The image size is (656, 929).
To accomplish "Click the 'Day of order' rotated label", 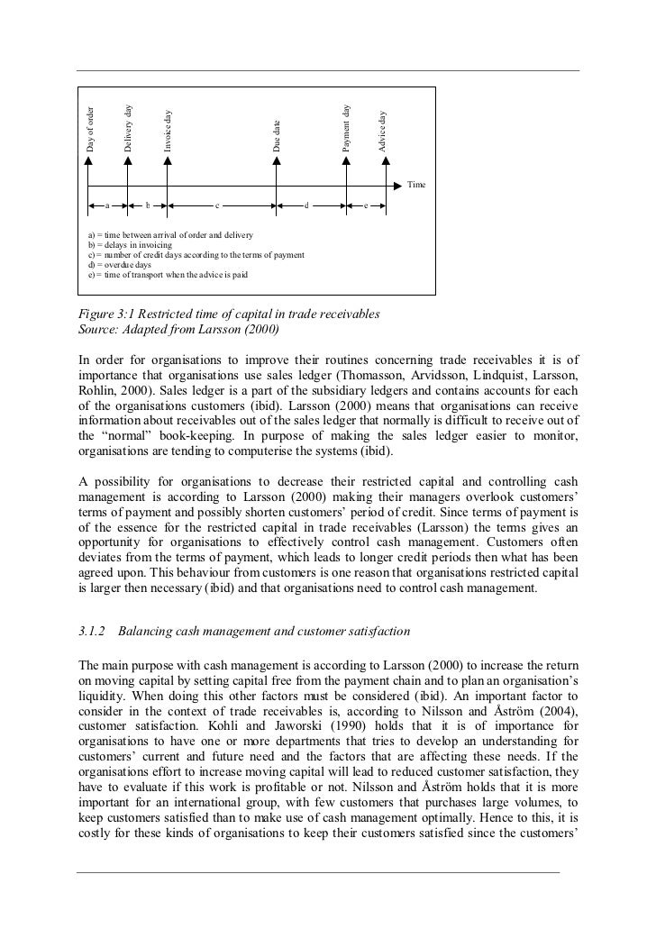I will (x=89, y=129).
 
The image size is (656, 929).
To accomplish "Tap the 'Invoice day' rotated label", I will (x=168, y=131).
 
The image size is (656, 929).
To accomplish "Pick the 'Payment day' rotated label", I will (x=346, y=127).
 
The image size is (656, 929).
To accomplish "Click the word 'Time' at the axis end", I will (x=415, y=185).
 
